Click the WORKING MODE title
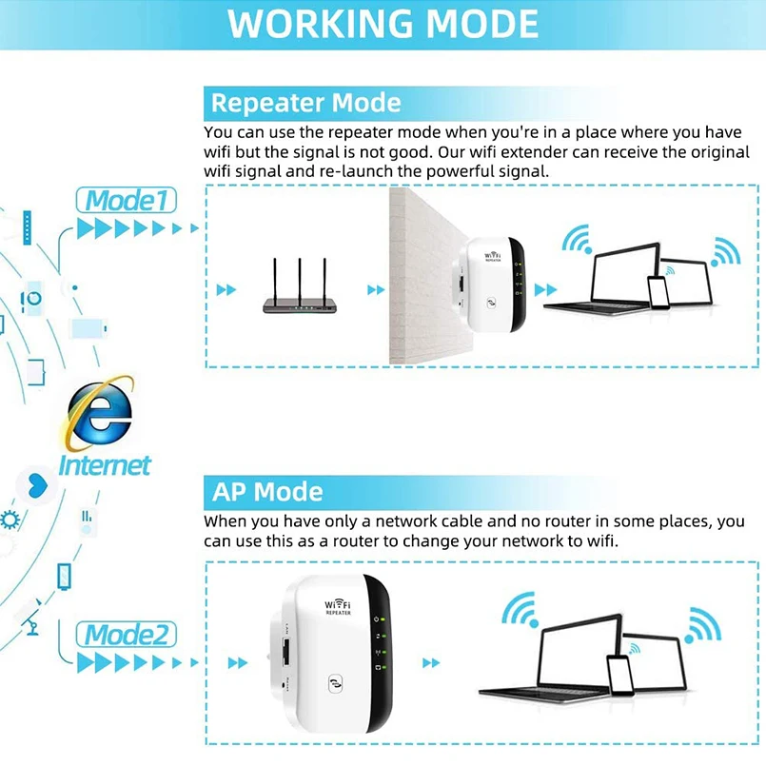(x=383, y=24)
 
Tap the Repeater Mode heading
(x=305, y=103)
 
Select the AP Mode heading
(x=267, y=492)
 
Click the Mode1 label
(x=126, y=201)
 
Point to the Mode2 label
(x=128, y=634)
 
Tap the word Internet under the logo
(x=105, y=465)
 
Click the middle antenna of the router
(x=300, y=276)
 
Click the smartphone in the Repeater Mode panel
(x=658, y=289)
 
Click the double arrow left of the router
(x=226, y=289)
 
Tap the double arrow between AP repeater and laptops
(x=431, y=662)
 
